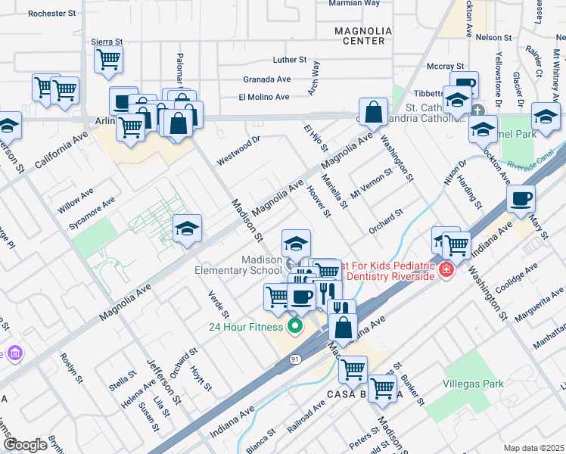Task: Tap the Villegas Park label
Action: point(473,384)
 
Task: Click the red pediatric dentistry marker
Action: point(446,270)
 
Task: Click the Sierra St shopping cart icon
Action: point(109,58)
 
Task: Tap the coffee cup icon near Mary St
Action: point(521,199)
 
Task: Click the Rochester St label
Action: point(51,14)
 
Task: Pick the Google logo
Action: point(25,445)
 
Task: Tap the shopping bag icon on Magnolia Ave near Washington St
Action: point(373,113)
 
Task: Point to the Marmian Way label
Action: point(353,3)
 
